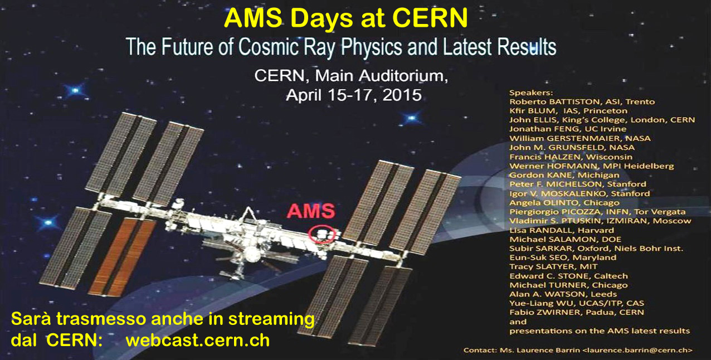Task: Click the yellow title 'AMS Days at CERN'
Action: coord(345,18)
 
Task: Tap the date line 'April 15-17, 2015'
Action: coord(354,95)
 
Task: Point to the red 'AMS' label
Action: coord(311,211)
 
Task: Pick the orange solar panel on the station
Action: coord(122,256)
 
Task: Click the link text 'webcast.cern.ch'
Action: coord(197,340)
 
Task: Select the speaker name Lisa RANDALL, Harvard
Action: coord(562,230)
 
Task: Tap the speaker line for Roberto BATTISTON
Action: coord(582,102)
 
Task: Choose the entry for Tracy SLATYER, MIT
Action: coord(553,267)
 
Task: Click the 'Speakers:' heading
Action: coord(531,93)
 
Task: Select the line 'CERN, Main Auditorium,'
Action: coord(351,76)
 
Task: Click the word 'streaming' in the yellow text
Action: coord(271,319)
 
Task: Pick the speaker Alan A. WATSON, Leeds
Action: coord(563,294)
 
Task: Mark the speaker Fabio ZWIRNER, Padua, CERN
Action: coord(576,313)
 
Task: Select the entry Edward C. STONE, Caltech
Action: coord(568,276)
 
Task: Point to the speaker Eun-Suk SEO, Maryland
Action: coord(563,257)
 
